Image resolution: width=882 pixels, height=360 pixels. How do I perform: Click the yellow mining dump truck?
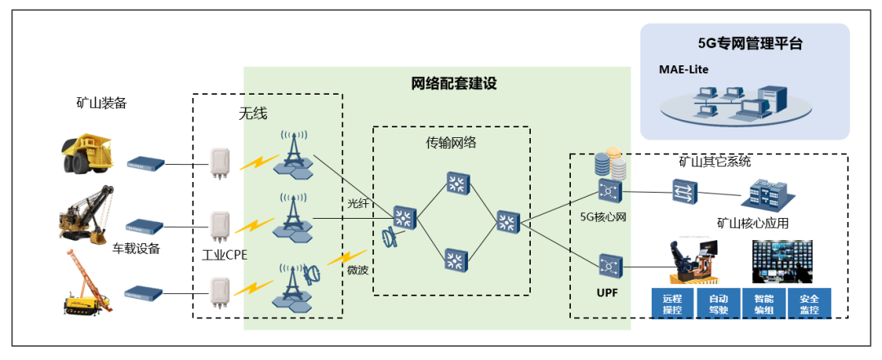coord(84,155)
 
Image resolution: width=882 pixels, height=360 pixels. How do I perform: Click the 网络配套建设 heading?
coord(453,83)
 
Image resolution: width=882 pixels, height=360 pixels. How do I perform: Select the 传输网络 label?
coord(451,142)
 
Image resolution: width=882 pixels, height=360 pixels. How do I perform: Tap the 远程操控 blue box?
coord(672,301)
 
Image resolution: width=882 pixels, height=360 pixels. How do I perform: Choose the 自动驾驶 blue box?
coord(719,301)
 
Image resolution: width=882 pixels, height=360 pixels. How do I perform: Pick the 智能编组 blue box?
coord(764,301)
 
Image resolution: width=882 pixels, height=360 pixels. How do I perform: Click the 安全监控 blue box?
coord(809,301)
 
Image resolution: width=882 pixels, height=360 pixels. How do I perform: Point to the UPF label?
coord(608,291)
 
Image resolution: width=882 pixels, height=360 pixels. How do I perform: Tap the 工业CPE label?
coord(225,256)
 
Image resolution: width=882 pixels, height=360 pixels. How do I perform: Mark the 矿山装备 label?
coord(101,103)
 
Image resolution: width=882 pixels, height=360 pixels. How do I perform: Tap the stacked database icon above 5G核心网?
coord(610,164)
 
